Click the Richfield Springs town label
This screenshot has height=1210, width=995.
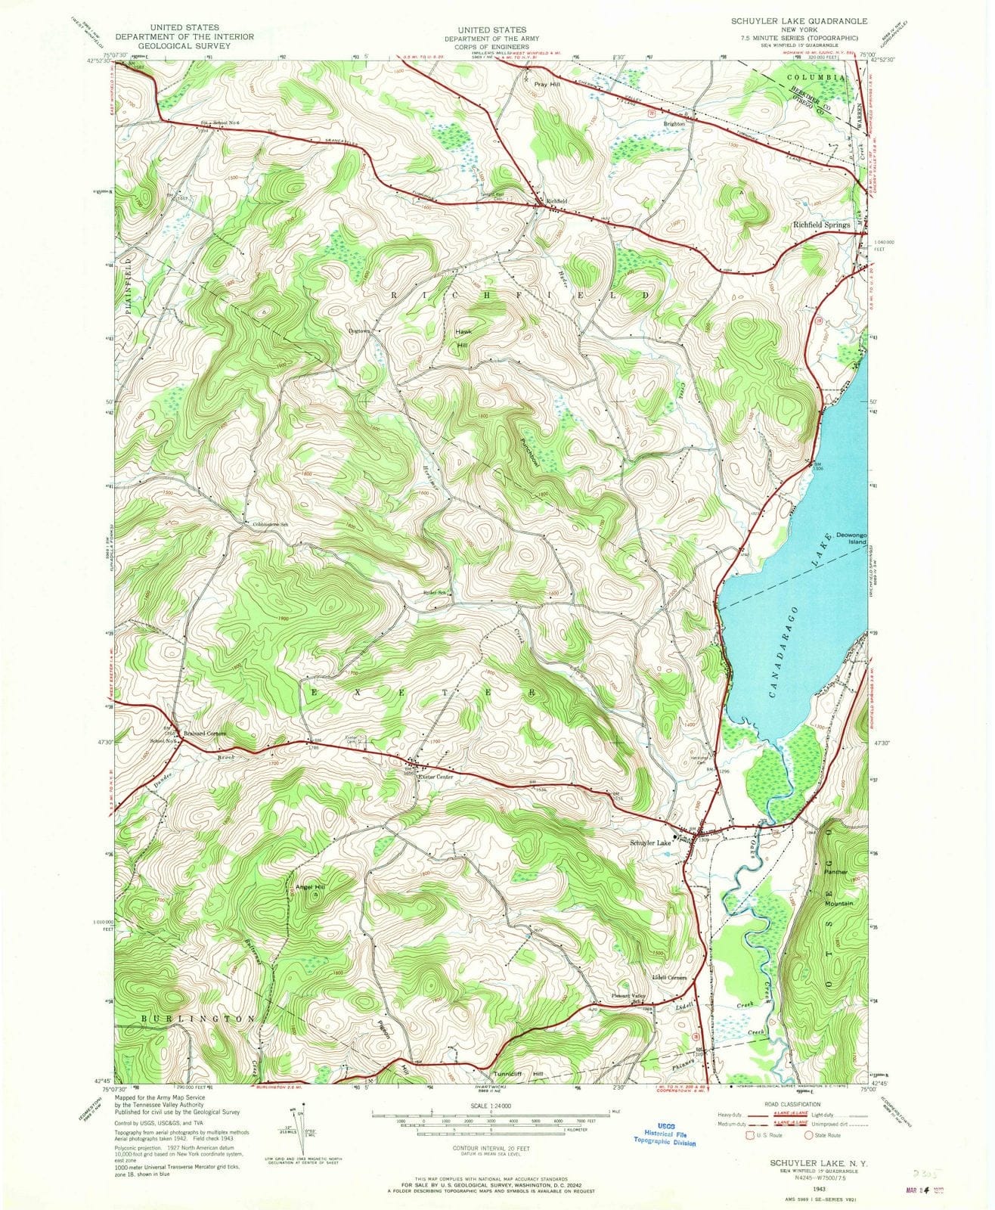click(x=820, y=225)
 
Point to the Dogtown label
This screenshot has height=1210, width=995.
click(x=360, y=330)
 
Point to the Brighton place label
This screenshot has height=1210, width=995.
click(x=674, y=123)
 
